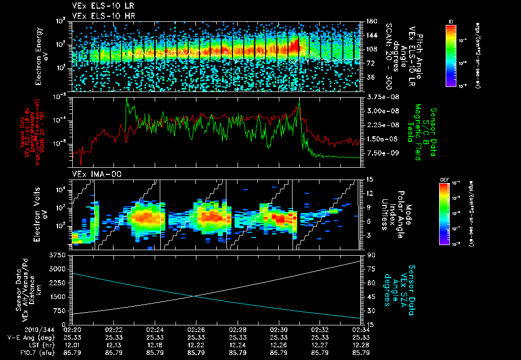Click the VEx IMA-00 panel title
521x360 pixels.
92,174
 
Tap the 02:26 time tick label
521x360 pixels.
196,329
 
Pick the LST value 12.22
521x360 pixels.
196,344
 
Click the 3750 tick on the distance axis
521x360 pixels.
60,255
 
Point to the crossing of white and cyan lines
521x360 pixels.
194,296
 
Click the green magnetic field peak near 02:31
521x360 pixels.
299,99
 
